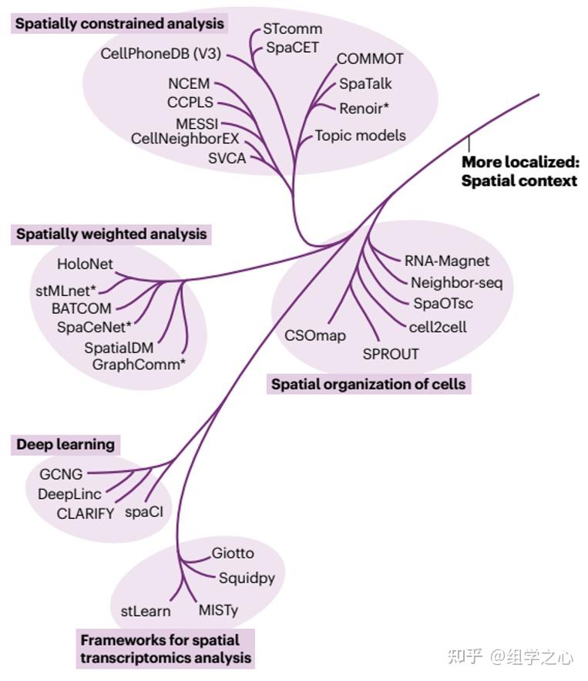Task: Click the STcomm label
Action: pyautogui.click(x=292, y=29)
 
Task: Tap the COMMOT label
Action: pyautogui.click(x=370, y=59)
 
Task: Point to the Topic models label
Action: pyautogui.click(x=360, y=136)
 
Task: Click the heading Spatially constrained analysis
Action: pyautogui.click(x=119, y=24)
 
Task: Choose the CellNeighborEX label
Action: pyautogui.click(x=185, y=139)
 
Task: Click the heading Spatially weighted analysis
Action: pyautogui.click(x=112, y=234)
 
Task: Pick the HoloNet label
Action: pyautogui.click(x=85, y=264)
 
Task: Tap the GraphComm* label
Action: pyautogui.click(x=139, y=363)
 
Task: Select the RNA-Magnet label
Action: pyautogui.click(x=447, y=261)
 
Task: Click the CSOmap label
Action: pyautogui.click(x=315, y=335)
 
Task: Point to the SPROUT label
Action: pyautogui.click(x=391, y=354)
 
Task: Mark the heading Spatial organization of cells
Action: pyautogui.click(x=368, y=383)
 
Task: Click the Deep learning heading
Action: pyautogui.click(x=66, y=444)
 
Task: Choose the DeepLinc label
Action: pyautogui.click(x=69, y=494)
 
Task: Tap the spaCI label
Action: pyautogui.click(x=143, y=511)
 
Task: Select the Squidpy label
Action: pyautogui.click(x=247, y=578)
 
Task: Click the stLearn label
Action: pyautogui.click(x=146, y=612)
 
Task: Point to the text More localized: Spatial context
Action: pyautogui.click(x=519, y=172)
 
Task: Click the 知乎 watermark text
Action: pyautogui.click(x=465, y=656)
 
